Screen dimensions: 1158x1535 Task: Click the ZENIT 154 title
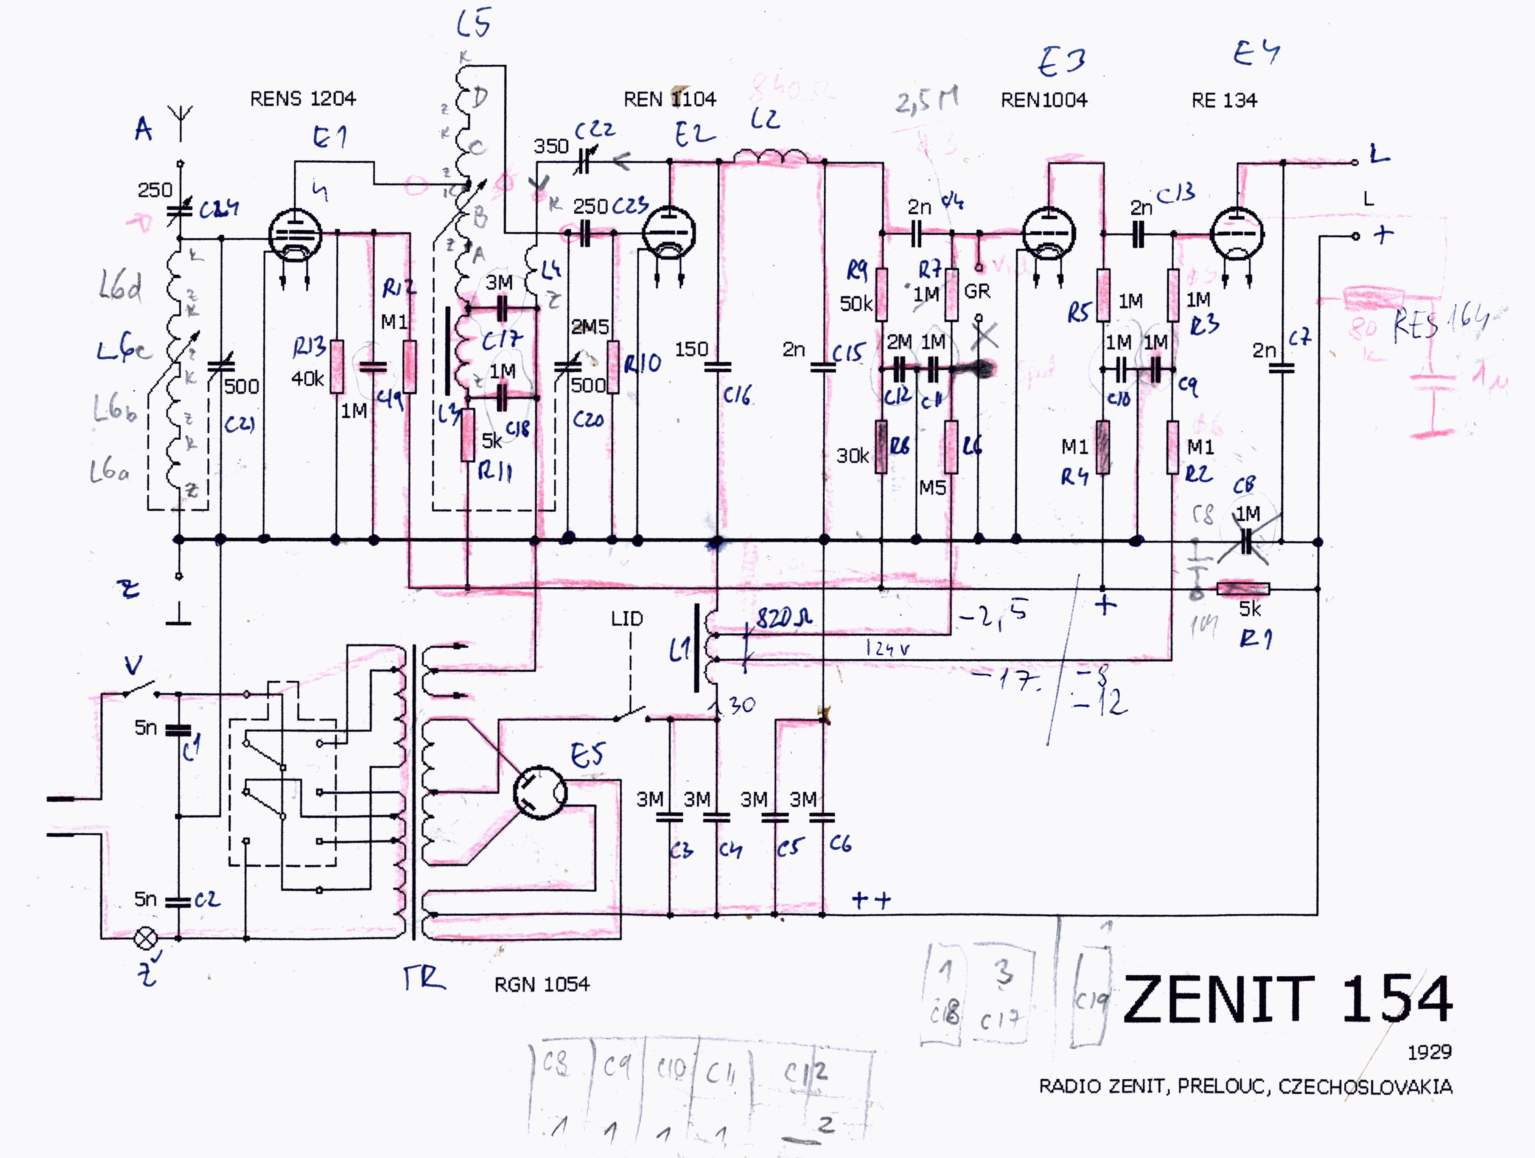(x=1287, y=999)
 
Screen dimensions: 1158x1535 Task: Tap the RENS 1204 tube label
(x=303, y=98)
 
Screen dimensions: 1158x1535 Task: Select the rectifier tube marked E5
(x=539, y=792)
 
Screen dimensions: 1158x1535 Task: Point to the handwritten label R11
(x=495, y=472)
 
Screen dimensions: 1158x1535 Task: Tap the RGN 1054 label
(x=541, y=984)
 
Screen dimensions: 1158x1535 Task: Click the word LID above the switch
(x=627, y=618)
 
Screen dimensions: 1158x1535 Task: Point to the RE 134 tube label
(x=1224, y=101)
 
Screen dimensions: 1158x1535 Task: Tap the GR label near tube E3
(x=977, y=291)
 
